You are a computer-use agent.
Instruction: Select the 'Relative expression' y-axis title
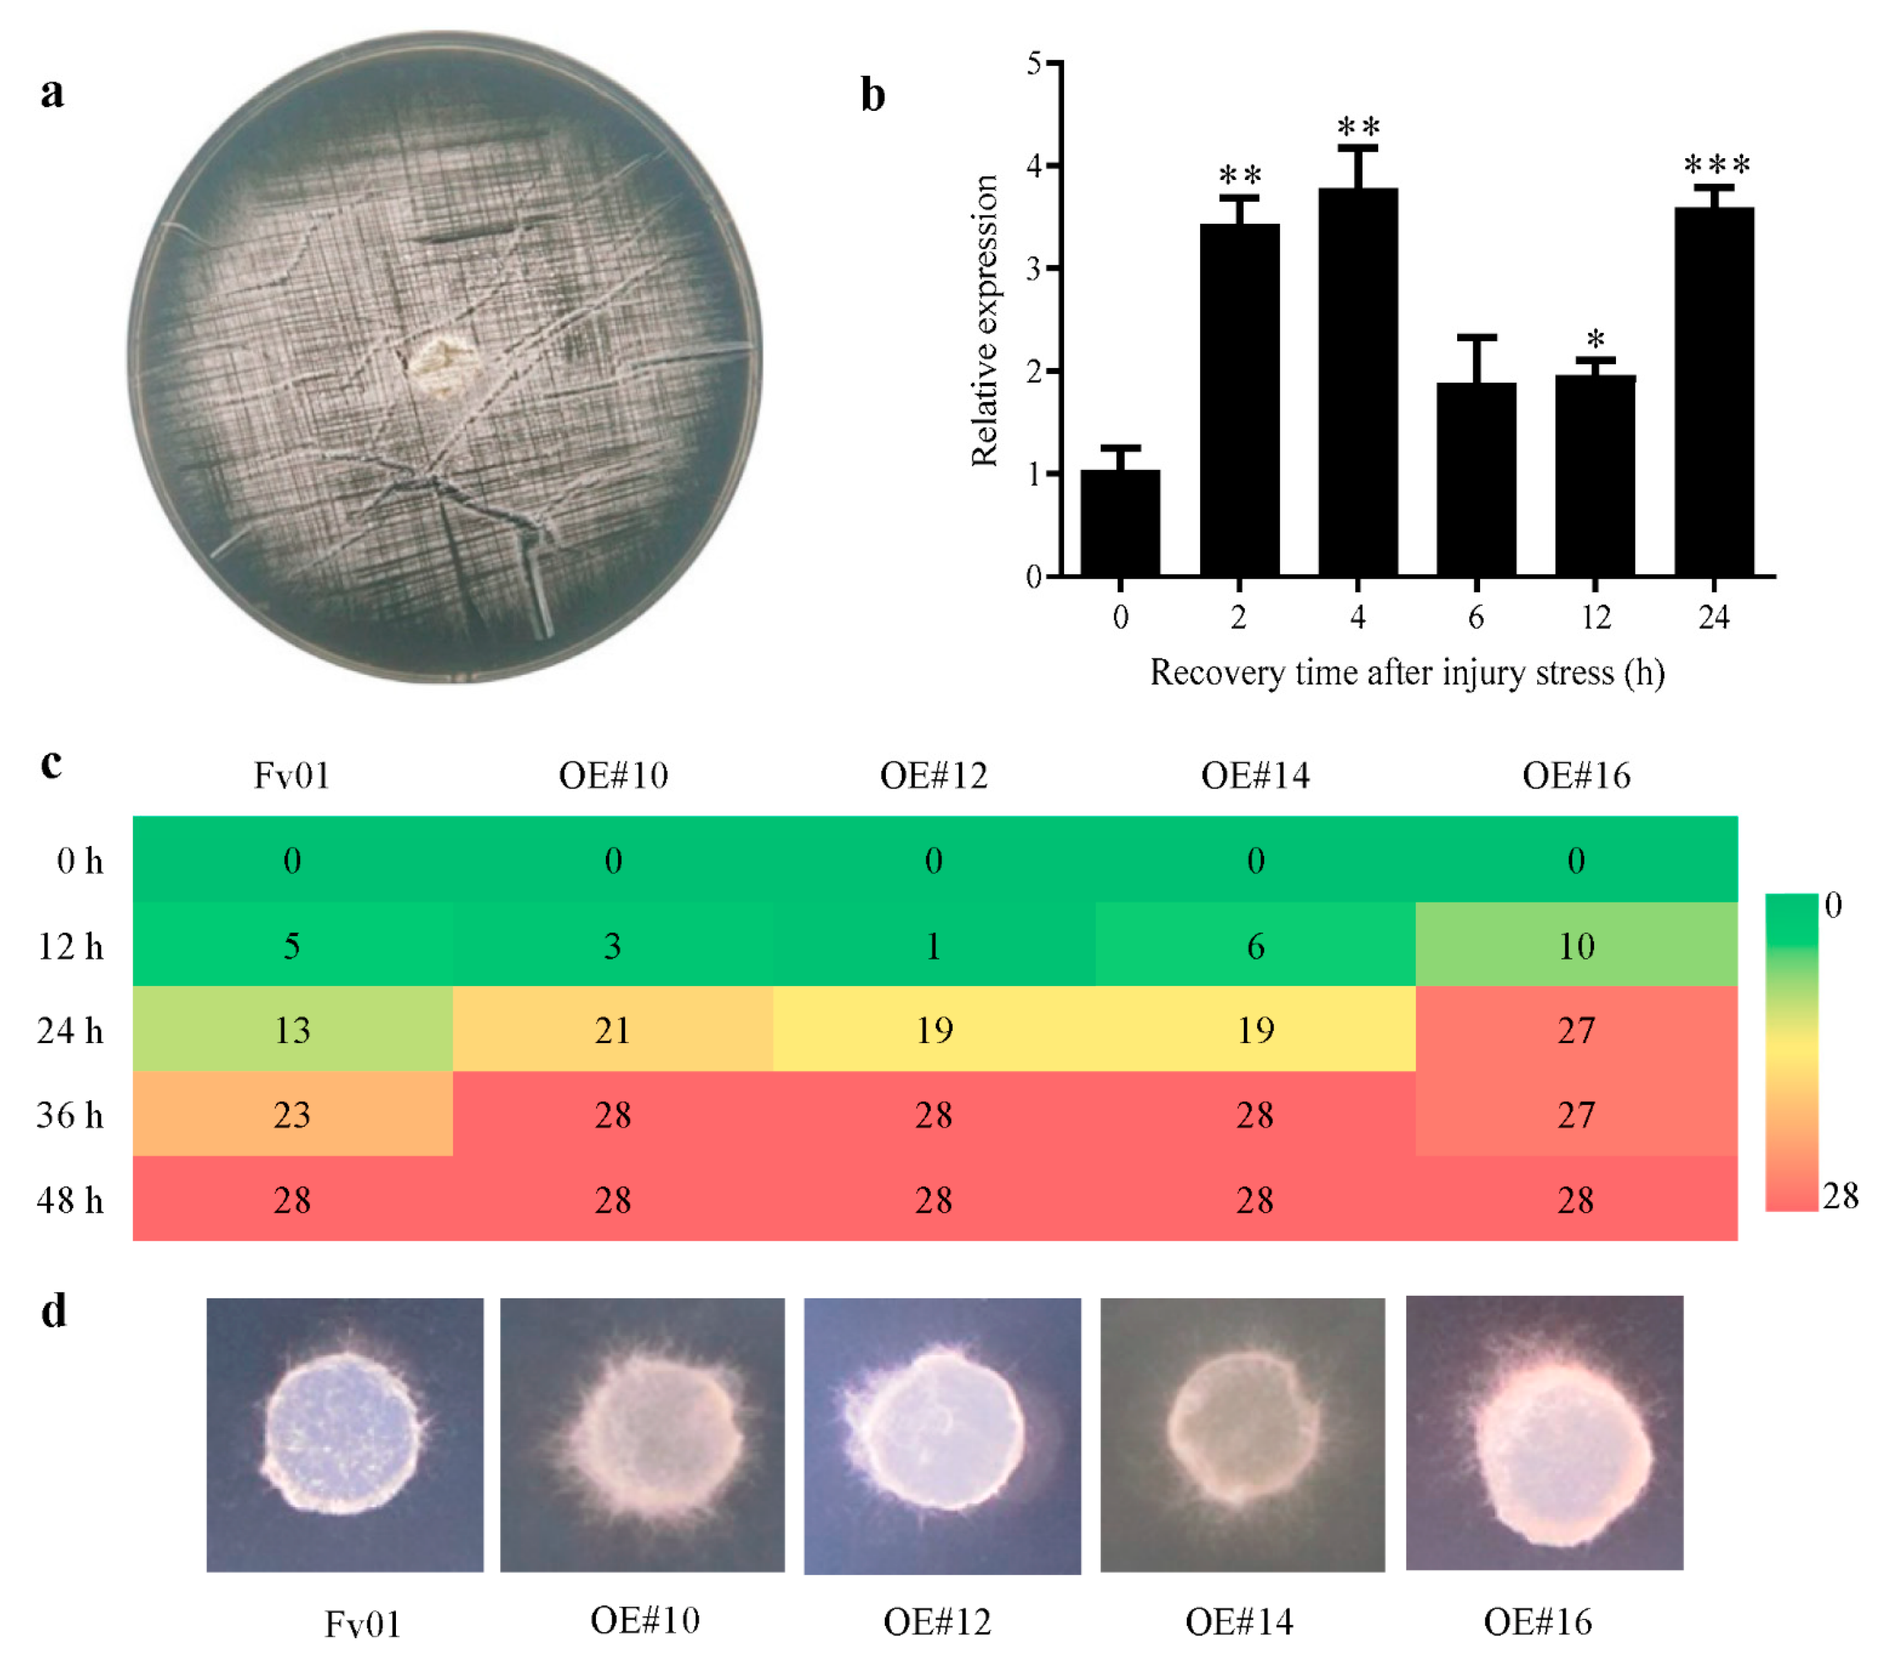(x=984, y=320)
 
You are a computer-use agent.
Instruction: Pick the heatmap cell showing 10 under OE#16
(x=1576, y=945)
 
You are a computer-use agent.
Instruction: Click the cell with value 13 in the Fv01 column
(x=292, y=1029)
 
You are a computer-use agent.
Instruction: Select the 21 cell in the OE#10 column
(x=613, y=1029)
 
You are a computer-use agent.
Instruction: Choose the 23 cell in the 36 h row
(x=292, y=1115)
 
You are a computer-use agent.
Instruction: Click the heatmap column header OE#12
(x=934, y=775)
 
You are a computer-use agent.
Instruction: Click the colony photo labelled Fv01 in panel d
(x=344, y=1434)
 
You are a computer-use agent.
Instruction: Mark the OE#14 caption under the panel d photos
(x=1239, y=1622)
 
